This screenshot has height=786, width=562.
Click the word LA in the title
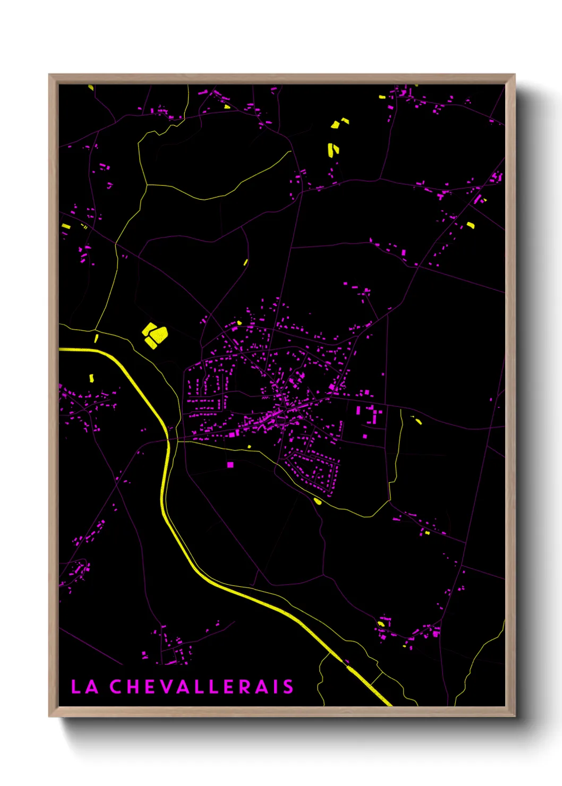point(85,687)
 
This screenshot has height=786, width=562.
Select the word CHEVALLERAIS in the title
point(202,687)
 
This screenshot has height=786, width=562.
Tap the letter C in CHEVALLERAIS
point(116,687)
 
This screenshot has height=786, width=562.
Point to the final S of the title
point(288,687)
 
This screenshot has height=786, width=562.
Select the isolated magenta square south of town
point(230,465)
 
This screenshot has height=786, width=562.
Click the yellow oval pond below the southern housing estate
point(318,501)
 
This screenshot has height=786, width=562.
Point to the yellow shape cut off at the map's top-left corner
point(91,87)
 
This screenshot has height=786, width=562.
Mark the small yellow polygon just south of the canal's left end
point(91,378)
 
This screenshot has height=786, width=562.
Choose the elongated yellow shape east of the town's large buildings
point(418,421)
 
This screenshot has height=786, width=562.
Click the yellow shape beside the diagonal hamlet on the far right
point(470,225)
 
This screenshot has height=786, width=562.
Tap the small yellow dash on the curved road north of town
point(246,262)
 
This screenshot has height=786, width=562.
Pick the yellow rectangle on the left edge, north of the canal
point(66,227)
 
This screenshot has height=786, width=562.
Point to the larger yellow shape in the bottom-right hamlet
point(381,623)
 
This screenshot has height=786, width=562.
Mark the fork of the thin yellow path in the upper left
point(147,185)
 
